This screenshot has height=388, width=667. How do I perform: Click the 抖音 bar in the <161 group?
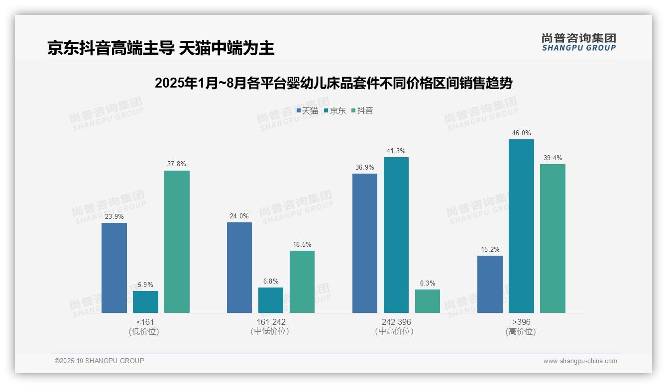tap(177, 242)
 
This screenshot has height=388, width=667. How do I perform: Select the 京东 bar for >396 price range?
tap(521, 226)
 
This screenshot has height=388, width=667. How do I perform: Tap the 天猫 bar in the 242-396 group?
tap(365, 243)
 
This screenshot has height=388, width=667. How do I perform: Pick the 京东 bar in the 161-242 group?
tap(271, 300)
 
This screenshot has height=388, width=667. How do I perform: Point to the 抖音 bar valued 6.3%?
tap(428, 301)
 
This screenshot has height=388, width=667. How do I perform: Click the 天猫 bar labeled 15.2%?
tap(490, 284)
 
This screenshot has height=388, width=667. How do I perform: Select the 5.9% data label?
tap(145, 285)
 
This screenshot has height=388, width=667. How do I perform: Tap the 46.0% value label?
tap(521, 133)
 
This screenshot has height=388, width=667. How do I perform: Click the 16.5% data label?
tap(302, 245)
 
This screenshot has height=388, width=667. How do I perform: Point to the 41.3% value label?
tap(396, 151)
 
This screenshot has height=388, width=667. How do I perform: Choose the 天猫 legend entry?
tap(307, 111)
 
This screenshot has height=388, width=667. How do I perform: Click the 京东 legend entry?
tap(334, 111)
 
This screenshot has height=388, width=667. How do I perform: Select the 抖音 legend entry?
tap(362, 111)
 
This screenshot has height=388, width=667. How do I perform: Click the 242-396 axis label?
tap(396, 322)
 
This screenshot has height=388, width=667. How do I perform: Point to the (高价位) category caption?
tap(521, 332)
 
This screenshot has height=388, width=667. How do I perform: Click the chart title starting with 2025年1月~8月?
tap(333, 83)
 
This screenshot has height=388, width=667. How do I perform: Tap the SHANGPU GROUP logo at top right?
tap(579, 42)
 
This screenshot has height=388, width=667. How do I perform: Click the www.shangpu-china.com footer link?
tap(580, 361)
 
